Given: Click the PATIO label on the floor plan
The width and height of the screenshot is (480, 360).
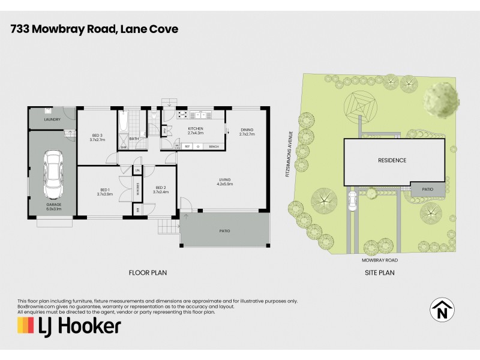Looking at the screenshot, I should (x=224, y=231).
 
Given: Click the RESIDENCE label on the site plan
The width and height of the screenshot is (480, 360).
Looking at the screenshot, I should (x=392, y=160).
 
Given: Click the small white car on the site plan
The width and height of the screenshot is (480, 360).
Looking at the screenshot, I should (x=352, y=202).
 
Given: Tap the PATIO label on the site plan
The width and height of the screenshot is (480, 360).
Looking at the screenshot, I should (x=427, y=189).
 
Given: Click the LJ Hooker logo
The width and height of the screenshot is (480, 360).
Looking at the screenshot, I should (x=69, y=326).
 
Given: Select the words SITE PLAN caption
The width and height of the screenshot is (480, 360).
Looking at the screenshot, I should (x=379, y=272).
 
